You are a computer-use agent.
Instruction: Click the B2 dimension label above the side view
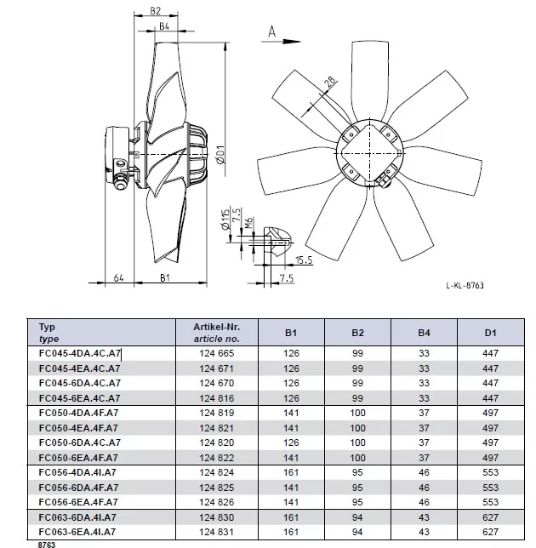(x=155, y=11)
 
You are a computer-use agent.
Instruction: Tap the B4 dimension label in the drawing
(x=164, y=26)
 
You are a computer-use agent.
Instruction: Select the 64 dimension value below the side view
(x=119, y=278)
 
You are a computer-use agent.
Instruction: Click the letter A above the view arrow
(x=272, y=31)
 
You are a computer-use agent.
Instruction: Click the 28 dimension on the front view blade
(x=331, y=83)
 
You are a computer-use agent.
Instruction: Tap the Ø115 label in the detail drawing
(x=225, y=220)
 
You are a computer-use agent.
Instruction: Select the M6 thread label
(x=248, y=223)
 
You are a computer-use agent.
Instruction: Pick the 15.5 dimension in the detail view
(x=303, y=260)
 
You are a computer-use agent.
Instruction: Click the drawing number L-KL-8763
(x=465, y=285)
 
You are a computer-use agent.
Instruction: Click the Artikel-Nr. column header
(x=217, y=327)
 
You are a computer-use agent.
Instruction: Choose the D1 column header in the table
(x=490, y=333)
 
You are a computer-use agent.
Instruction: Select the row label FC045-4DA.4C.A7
(x=80, y=353)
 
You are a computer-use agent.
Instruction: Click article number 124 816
(x=217, y=398)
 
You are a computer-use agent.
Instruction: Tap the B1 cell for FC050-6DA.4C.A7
(x=291, y=442)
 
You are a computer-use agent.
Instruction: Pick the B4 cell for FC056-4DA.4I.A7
(x=424, y=472)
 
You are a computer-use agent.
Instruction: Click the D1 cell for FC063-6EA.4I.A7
(x=490, y=532)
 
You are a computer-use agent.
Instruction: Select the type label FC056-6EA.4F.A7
(x=78, y=502)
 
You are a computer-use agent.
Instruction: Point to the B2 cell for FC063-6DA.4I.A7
(x=357, y=517)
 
